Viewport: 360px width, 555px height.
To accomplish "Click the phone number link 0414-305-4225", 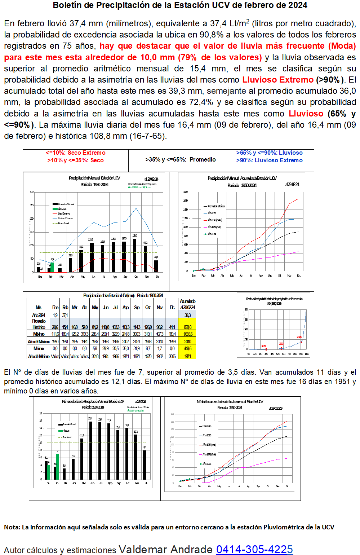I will [254, 549].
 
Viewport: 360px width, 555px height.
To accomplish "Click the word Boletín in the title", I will [68, 5].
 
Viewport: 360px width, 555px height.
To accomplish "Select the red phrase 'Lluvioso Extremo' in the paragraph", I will [278, 80].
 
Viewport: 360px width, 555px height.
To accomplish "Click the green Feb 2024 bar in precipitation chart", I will [52, 267].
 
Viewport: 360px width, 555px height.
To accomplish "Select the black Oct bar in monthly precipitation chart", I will [135, 255].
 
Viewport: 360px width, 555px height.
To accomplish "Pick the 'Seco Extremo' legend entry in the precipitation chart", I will [64, 213].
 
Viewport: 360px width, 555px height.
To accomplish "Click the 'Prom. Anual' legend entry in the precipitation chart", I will [63, 223].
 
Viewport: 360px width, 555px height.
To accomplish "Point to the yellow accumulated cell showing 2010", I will [188, 342].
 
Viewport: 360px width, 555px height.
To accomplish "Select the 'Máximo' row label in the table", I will [39, 334].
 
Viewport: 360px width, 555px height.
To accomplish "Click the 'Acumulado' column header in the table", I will [187, 304].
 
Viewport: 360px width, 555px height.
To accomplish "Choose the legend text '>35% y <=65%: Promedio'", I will [181, 160].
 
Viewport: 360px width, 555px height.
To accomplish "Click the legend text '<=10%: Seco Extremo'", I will [76, 153].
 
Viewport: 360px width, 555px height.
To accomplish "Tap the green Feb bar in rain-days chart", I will [58, 466].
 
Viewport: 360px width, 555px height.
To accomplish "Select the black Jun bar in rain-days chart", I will [91, 450].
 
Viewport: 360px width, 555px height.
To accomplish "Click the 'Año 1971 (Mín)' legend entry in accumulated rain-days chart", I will [209, 454].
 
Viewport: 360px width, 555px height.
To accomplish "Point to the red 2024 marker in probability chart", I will [301, 342].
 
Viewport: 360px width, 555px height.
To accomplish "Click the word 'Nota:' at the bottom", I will [12, 527].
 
